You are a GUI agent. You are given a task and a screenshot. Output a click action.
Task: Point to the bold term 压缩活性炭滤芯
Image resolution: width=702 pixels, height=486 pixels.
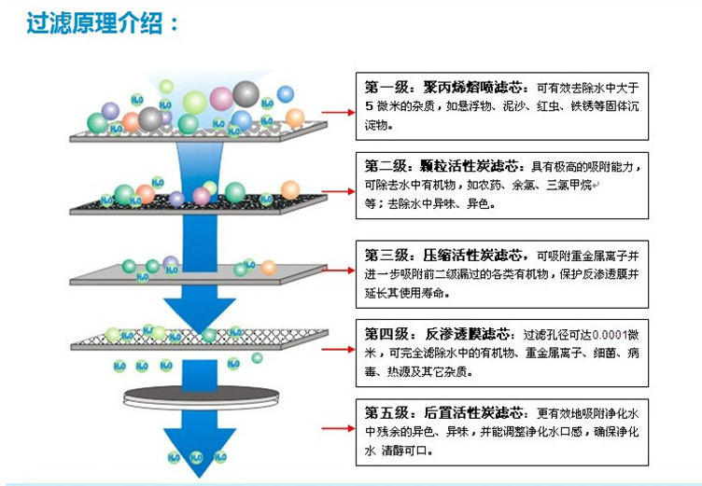471,256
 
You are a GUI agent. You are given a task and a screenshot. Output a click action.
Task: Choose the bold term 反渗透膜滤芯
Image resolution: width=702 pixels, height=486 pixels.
467,334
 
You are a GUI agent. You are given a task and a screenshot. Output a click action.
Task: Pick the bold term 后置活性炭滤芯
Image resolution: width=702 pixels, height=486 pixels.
472,412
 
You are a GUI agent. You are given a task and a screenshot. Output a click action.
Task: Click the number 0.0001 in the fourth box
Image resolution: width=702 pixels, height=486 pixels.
610,335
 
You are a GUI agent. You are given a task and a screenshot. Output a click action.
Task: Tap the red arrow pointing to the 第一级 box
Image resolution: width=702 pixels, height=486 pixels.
338,112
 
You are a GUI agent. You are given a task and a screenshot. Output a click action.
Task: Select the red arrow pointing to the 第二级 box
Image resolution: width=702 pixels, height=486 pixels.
338,191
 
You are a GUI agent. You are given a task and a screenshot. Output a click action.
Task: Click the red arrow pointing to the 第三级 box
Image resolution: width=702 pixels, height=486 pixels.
338,271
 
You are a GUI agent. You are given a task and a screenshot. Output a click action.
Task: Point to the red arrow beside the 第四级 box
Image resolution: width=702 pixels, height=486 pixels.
338,349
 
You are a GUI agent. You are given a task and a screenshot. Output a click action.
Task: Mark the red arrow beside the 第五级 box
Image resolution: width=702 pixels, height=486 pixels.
338,428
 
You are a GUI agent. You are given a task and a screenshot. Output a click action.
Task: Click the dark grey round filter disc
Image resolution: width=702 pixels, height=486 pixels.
201,395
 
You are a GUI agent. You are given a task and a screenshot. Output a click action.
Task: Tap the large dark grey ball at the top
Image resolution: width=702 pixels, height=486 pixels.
246,94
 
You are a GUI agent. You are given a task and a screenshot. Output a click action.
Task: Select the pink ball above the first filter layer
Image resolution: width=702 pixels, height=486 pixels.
221,99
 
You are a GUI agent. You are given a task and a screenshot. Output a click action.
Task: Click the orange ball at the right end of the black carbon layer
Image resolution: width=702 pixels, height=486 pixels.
290,190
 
